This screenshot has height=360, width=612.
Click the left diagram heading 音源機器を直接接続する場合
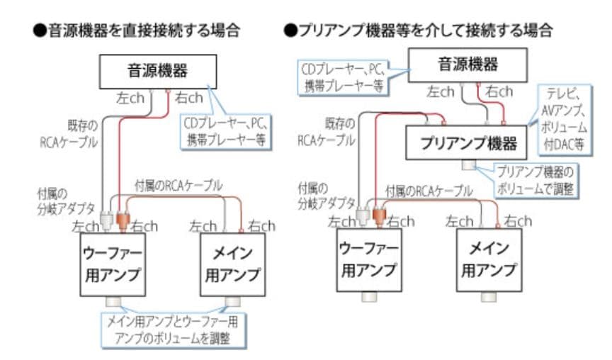pos(139,30)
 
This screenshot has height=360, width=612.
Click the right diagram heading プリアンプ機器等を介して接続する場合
pos(418,30)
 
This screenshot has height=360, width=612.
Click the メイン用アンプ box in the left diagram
pos(231,264)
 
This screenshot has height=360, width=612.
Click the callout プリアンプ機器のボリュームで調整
pos(533,180)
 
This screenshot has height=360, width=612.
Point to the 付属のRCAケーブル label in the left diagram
pos(178,186)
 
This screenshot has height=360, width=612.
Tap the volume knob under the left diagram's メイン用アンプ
pos(232,303)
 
